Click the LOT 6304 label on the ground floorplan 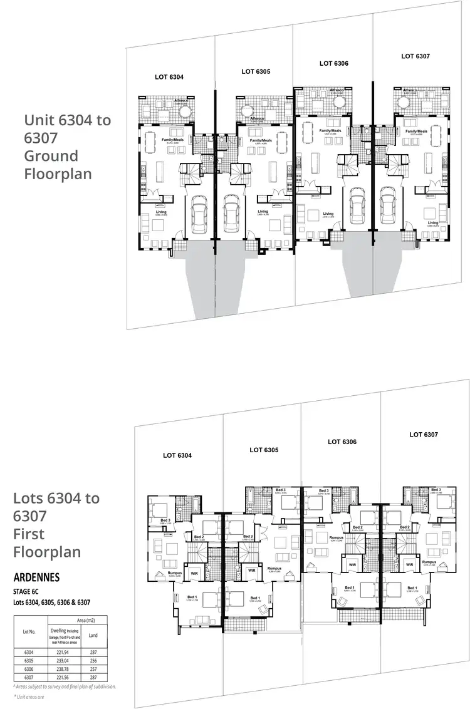coord(169,77)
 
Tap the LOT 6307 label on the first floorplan coord(424,434)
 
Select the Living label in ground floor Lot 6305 coord(263,211)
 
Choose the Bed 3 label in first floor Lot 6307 coord(435,490)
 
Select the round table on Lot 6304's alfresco coord(186,112)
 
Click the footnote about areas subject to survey coord(65,686)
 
